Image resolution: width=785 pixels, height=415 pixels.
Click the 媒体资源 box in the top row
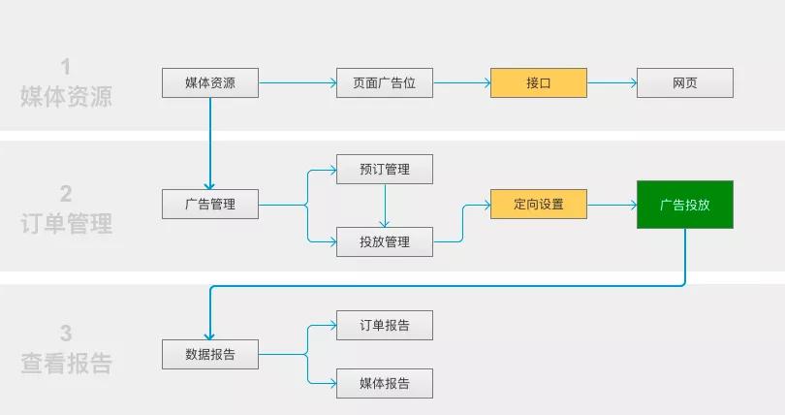coord(209,83)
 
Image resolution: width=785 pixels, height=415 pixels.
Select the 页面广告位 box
coord(384,83)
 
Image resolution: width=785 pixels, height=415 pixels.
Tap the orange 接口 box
coord(539,83)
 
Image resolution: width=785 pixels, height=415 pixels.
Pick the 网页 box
coord(684,83)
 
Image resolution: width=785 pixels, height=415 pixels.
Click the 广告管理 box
coord(209,205)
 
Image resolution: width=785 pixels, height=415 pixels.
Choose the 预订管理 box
coord(384,170)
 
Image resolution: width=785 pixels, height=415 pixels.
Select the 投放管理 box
coord(384,241)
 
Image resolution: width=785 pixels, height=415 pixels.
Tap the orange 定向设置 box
coord(539,205)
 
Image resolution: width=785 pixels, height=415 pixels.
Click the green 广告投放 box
coord(684,205)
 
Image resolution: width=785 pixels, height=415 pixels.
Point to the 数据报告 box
coord(209,355)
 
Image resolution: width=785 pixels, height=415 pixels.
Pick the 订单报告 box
coord(384,326)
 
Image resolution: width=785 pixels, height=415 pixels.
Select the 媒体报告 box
coord(384,383)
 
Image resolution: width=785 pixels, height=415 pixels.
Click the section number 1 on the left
coord(66,67)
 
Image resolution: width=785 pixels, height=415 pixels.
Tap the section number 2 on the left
coord(66,193)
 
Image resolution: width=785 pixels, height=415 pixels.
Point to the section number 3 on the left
coord(66,334)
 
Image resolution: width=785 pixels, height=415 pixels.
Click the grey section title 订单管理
coord(66,224)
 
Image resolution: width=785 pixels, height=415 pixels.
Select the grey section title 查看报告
coord(66,364)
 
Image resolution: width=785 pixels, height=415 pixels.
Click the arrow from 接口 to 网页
coord(612,83)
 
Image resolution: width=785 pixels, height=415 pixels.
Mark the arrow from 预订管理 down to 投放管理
coord(385,206)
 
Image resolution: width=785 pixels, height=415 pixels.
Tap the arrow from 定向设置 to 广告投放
coord(612,205)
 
